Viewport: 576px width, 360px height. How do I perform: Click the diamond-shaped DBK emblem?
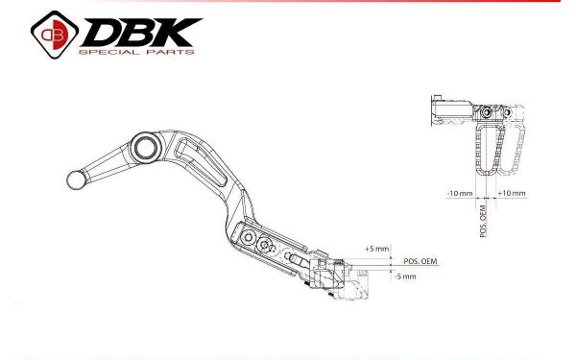point(55,35)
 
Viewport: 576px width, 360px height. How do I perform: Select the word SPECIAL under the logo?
point(108,52)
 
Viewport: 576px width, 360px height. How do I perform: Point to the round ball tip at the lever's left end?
point(77,180)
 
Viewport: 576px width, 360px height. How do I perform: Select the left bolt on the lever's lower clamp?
point(249,237)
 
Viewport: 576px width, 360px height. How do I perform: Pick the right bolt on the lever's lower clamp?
point(265,244)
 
